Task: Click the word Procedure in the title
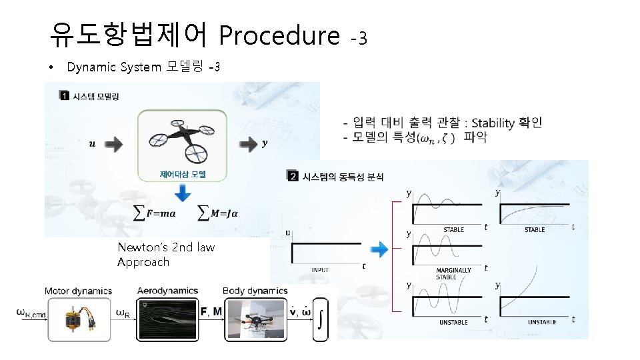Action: [279, 35]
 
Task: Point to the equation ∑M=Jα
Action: [219, 213]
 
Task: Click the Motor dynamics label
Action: [78, 291]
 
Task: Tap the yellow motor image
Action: [78, 319]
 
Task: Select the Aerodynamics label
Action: [167, 291]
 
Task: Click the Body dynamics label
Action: [256, 291]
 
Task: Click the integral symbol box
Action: [321, 319]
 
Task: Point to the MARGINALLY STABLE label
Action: [453, 273]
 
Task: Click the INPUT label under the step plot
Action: [320, 270]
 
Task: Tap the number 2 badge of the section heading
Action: [293, 176]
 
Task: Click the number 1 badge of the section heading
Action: [65, 97]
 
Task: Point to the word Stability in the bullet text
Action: [495, 123]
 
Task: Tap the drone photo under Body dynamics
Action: [255, 319]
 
